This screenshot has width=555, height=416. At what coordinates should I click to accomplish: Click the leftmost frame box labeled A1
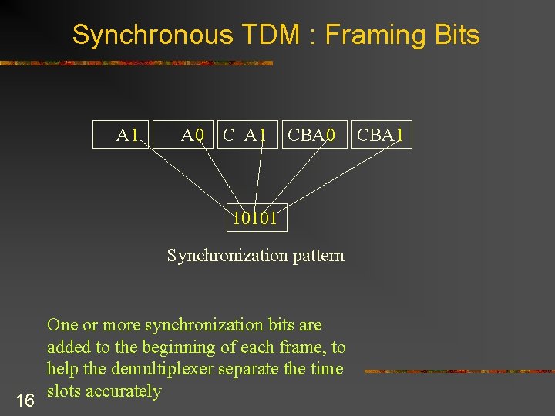tap(123, 135)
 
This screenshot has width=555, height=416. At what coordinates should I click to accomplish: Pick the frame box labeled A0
tap(193, 135)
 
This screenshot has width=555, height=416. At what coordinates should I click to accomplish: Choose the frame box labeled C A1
tap(246, 135)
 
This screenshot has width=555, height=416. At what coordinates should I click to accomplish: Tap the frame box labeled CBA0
tap(311, 135)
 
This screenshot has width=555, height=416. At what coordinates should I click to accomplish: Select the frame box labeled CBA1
tap(381, 135)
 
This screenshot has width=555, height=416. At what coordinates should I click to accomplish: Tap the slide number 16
tap(25, 400)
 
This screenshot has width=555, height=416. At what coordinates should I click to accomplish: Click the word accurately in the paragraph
tap(123, 391)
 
